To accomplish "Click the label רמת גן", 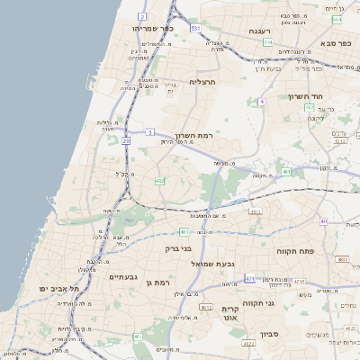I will point(157,283).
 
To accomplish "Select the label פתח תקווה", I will point(296,241).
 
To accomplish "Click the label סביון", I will point(271,335).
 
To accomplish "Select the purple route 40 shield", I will point(323,220).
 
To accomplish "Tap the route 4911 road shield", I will point(256,211).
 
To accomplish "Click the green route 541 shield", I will point(267,42).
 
